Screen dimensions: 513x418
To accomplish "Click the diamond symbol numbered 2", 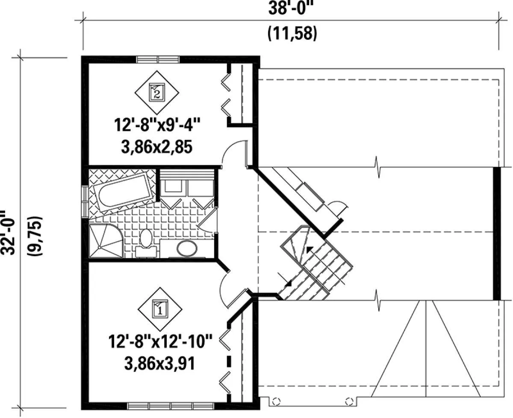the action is tap(157, 92).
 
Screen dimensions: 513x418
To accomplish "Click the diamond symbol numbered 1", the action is tap(160, 309).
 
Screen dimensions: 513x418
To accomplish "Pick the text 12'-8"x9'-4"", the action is tap(157, 125).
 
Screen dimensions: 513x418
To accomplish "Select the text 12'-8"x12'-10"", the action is tap(160, 341).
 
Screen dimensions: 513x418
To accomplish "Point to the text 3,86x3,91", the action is tap(160, 364).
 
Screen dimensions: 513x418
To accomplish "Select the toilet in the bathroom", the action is tap(146, 243).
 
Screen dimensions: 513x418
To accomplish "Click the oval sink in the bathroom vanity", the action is tap(187, 248).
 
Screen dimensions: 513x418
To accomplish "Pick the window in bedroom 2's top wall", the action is tap(157, 59).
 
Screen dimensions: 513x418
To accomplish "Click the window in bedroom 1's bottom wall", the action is tap(171, 406).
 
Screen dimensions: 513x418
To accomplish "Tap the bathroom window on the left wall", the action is tap(85, 202).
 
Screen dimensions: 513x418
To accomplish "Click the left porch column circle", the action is tap(276, 402).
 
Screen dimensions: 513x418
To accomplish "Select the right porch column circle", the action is tap(349, 402).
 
